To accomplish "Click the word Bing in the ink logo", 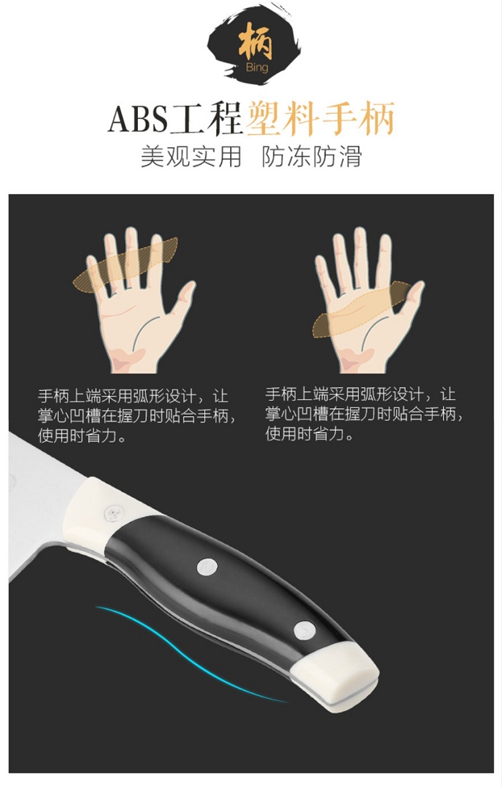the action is [256, 68].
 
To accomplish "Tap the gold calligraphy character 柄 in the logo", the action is [256, 43].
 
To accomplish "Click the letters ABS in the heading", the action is [138, 119].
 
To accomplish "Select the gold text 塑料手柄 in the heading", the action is [321, 118].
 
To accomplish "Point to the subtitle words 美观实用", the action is [191, 157].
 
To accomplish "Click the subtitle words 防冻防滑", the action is [312, 157].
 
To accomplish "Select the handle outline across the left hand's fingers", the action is [126, 264].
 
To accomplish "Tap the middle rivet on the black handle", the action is [207, 567].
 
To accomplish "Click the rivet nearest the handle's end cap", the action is [304, 631].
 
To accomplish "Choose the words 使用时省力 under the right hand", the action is [305, 433].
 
